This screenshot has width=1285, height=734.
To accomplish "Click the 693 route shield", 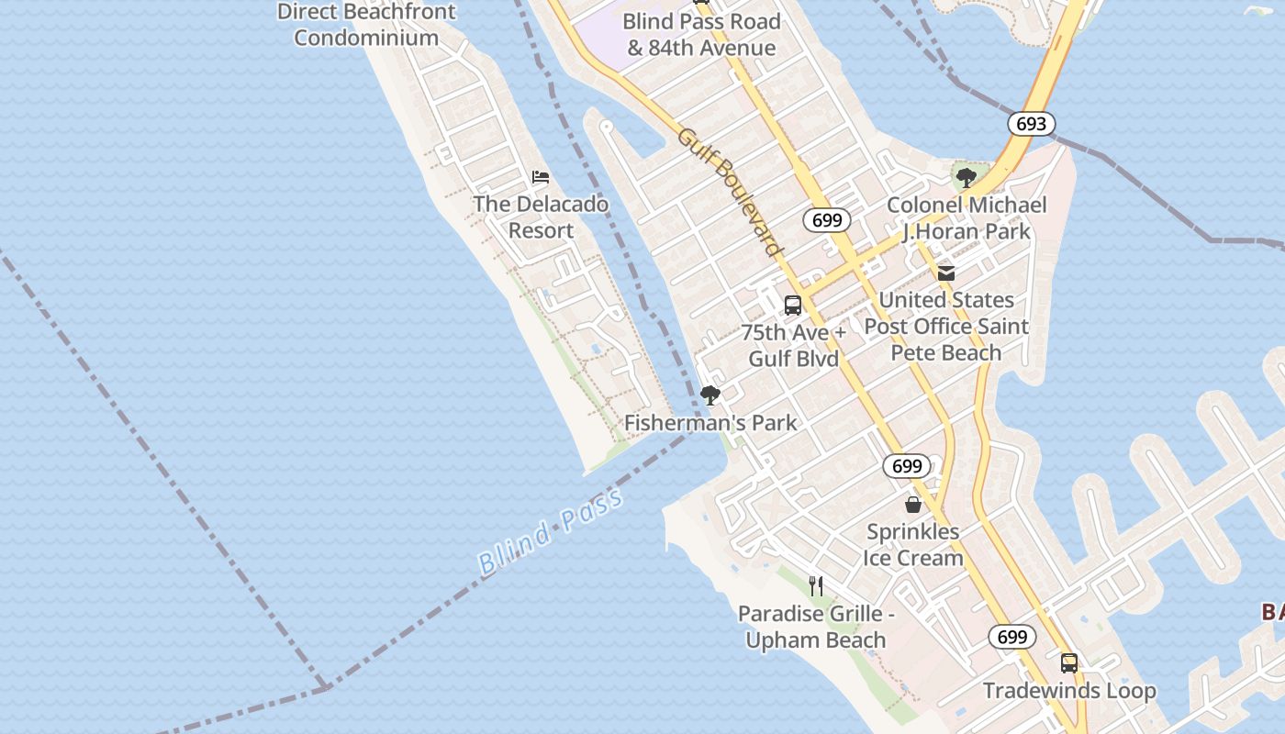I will pyautogui.click(x=1031, y=124).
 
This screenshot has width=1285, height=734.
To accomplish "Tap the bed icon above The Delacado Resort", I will pyautogui.click(x=541, y=176).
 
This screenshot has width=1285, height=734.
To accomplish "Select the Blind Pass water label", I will pyautogui.click(x=551, y=533).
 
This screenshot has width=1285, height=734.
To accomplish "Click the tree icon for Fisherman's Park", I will pyautogui.click(x=710, y=395).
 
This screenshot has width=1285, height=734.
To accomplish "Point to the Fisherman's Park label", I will pyautogui.click(x=710, y=423).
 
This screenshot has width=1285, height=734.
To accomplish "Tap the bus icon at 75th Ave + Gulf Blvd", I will pyautogui.click(x=793, y=306).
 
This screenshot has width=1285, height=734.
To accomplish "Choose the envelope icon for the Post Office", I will pyautogui.click(x=946, y=272).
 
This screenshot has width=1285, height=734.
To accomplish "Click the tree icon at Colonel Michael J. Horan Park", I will pyautogui.click(x=966, y=177).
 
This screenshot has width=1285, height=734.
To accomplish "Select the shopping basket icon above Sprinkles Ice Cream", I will pyautogui.click(x=913, y=505).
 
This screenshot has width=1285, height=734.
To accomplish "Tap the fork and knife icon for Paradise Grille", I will pyautogui.click(x=816, y=585).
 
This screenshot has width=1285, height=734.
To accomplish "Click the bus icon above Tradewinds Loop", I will pyautogui.click(x=1069, y=662).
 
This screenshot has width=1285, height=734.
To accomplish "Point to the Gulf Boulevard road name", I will pyautogui.click(x=730, y=192).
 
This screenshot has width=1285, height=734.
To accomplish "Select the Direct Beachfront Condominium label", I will pyautogui.click(x=366, y=25).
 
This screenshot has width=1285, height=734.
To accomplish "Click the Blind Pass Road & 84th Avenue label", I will pyautogui.click(x=701, y=35).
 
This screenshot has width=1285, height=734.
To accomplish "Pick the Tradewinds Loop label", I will pyautogui.click(x=1069, y=691).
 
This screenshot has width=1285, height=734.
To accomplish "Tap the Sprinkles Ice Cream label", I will pyautogui.click(x=913, y=545).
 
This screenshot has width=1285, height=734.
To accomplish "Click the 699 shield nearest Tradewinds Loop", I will pyautogui.click(x=1011, y=637).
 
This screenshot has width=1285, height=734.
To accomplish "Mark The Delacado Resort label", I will pyautogui.click(x=541, y=217).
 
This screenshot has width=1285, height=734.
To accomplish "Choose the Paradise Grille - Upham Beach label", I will pyautogui.click(x=816, y=627).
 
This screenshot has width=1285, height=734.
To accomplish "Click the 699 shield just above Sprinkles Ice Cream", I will pyautogui.click(x=907, y=466).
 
